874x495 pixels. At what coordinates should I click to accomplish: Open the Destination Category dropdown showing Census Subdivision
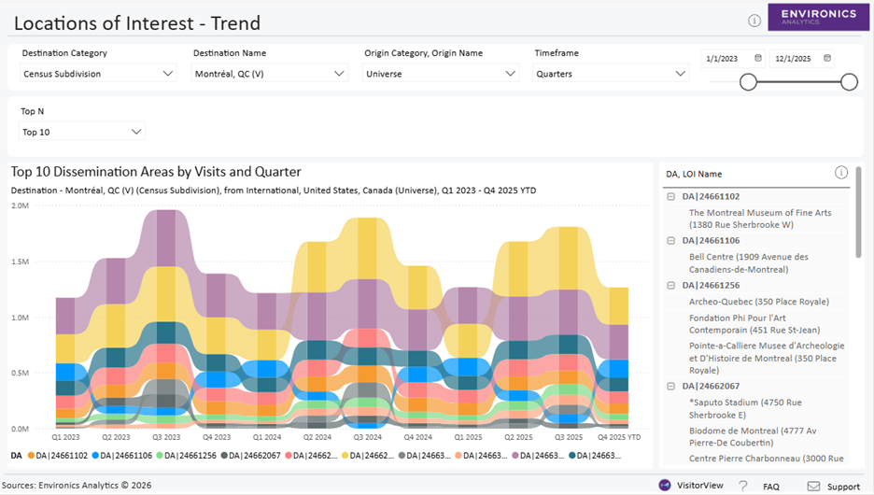[x=98, y=74]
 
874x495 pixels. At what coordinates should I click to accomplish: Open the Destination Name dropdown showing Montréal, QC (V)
[x=270, y=74]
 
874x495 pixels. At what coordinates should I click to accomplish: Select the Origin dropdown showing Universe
[x=441, y=74]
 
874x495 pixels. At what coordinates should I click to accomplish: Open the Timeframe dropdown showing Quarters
[x=612, y=74]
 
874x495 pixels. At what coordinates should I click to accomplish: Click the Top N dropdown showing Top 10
[x=82, y=132]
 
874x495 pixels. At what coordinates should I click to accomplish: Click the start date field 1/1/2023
[x=732, y=59]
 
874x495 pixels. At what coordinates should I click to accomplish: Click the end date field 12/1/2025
[x=801, y=59]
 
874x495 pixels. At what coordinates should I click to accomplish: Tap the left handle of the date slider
[x=748, y=82]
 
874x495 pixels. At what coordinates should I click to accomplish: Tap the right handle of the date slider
[x=849, y=82]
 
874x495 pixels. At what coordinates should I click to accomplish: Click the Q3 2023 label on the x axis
[x=166, y=437]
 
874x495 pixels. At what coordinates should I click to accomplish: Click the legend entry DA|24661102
[x=57, y=455]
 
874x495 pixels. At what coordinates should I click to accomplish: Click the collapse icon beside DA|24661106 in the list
[x=670, y=241]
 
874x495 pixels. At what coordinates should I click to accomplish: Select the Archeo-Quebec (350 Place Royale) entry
[x=758, y=302]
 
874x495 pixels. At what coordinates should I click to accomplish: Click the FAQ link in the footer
[x=770, y=487]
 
